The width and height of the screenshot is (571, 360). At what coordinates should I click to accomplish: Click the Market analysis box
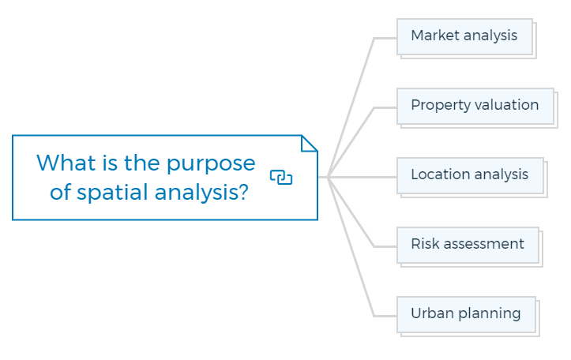464,37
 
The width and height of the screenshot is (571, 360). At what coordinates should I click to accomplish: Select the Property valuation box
475,107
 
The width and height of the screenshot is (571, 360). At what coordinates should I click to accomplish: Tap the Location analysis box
470,176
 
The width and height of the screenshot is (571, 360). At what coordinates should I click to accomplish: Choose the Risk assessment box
468,246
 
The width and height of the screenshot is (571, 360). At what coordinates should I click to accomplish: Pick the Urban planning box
466,315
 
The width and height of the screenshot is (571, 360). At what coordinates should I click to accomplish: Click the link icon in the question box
281,178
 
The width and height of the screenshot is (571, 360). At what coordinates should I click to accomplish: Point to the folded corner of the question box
309,143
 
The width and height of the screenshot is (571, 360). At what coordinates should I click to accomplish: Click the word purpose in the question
211,163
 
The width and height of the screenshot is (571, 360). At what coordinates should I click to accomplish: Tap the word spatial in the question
112,193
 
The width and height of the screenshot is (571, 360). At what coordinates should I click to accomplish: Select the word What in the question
66,163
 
